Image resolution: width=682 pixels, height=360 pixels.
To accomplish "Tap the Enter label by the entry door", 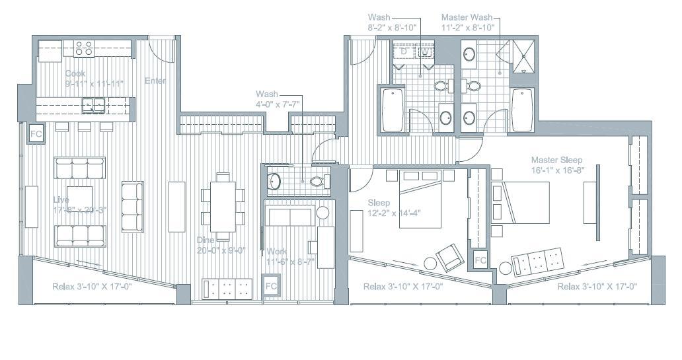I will [x=155, y=81].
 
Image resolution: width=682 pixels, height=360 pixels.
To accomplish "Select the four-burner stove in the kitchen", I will [x=84, y=48].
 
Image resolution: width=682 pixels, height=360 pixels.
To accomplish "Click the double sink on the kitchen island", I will [x=93, y=104].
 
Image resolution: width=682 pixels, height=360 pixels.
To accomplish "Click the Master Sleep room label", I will [x=556, y=160].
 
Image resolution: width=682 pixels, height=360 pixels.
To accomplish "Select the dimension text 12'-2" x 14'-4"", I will [x=394, y=213].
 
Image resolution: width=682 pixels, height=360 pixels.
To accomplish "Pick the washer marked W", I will [x=426, y=51].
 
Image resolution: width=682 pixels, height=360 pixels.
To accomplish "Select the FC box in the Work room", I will [x=271, y=287].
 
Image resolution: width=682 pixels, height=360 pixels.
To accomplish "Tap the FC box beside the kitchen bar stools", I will [x=36, y=134].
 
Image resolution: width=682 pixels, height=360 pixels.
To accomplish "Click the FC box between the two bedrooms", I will [x=480, y=260].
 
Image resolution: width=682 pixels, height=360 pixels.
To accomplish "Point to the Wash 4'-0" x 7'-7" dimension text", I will [x=277, y=104].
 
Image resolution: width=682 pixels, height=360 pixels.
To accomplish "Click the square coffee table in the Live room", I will [x=79, y=197].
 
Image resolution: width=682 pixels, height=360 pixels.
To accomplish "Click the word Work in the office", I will [x=277, y=252].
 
